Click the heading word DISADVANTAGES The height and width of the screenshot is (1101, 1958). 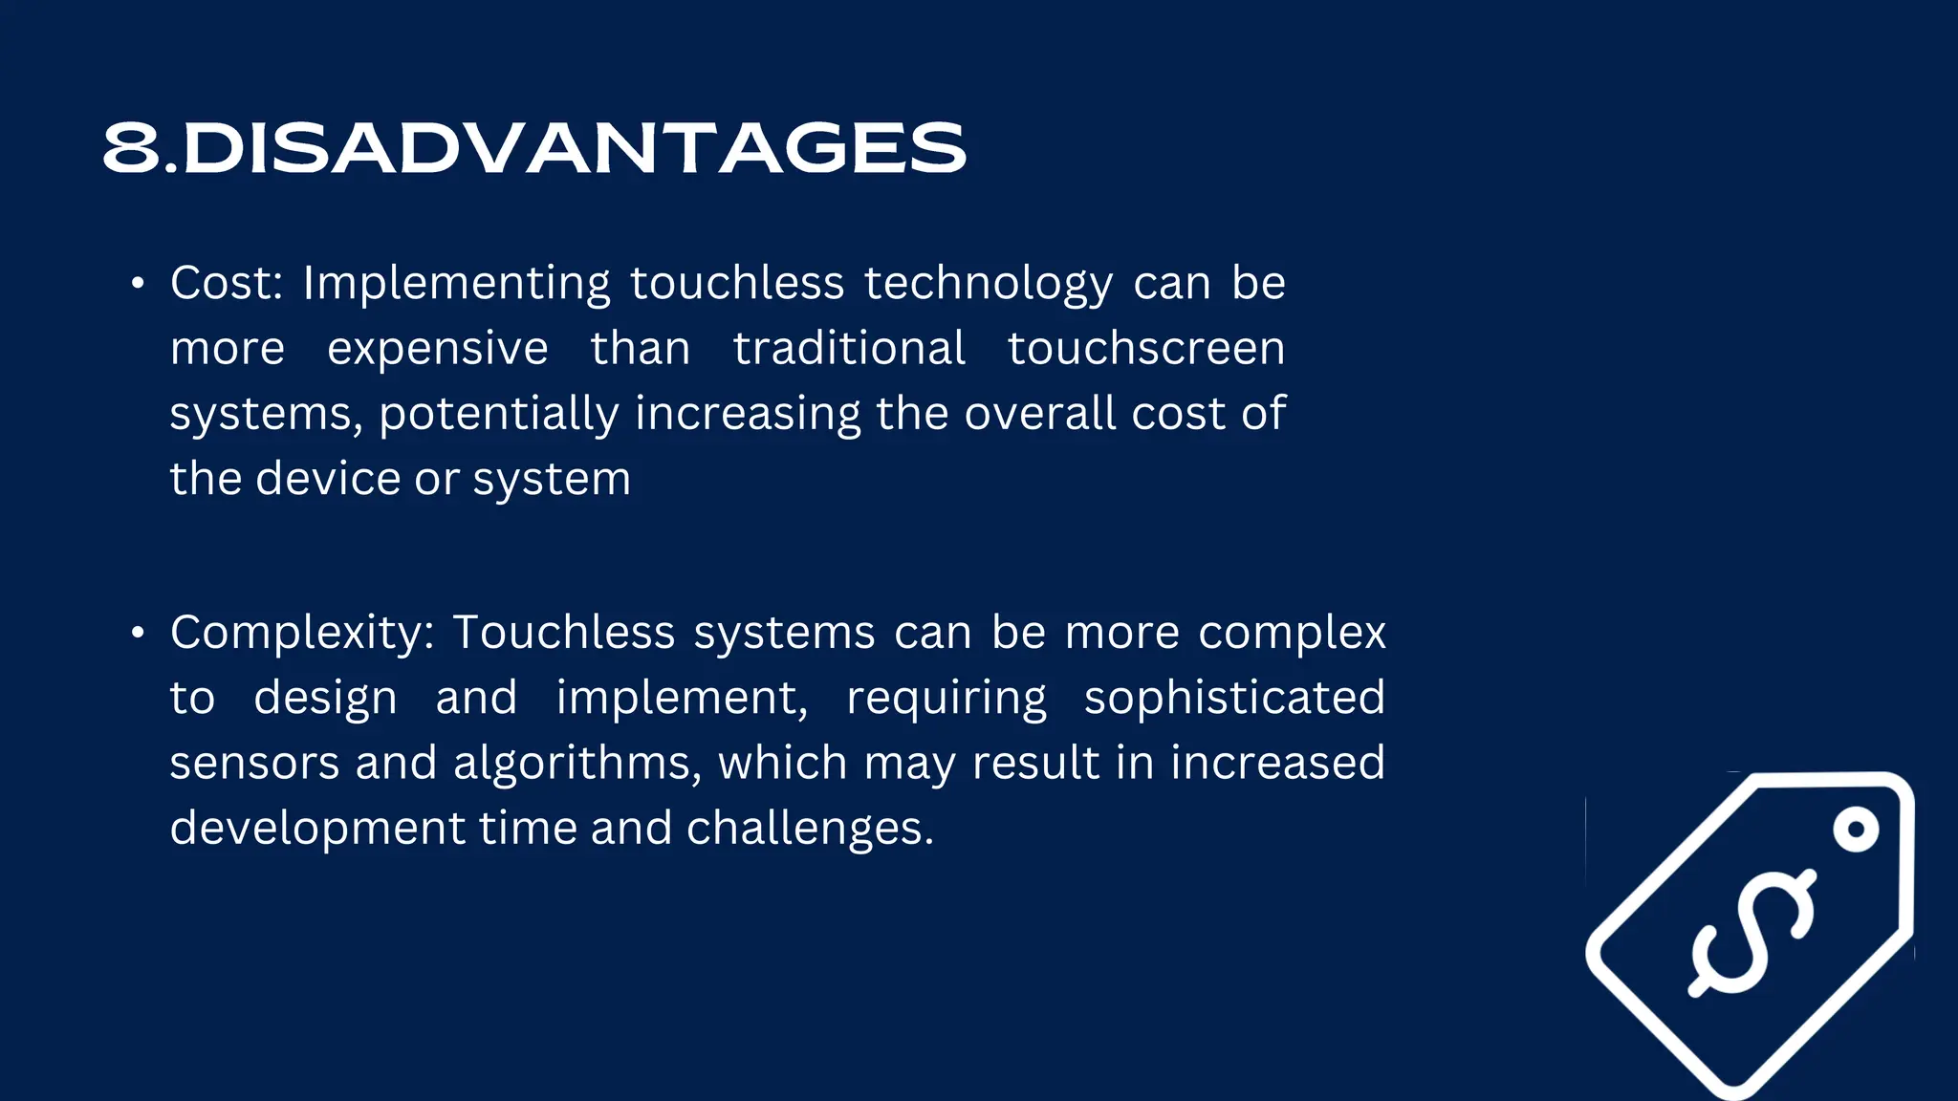[x=574, y=148]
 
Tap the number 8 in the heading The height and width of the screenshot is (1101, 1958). [x=131, y=148]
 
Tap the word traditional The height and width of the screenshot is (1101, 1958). [x=849, y=348]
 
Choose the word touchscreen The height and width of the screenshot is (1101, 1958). [x=1146, y=348]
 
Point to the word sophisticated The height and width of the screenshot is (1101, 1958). [x=1234, y=697]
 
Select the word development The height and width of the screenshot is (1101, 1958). [x=316, y=829]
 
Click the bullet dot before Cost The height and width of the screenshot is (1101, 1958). [x=139, y=284]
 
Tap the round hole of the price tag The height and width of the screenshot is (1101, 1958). [x=1856, y=830]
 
